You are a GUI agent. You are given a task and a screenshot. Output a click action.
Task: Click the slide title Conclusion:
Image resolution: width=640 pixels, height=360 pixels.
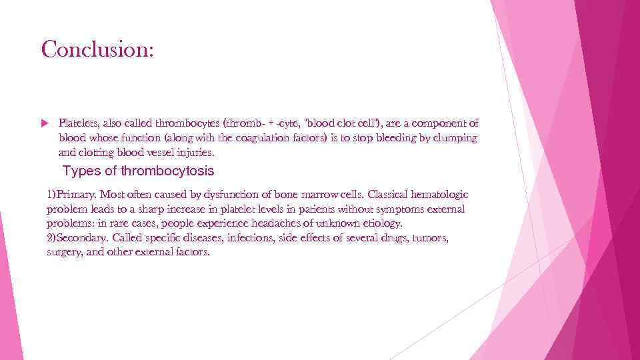(x=97, y=49)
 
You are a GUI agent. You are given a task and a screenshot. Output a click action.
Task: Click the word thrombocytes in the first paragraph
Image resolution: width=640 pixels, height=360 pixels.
(x=189, y=123)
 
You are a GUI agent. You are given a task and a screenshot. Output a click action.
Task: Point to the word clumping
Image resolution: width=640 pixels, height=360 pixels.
(x=455, y=138)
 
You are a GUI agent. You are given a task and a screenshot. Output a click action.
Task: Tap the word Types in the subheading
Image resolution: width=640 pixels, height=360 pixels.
(x=81, y=171)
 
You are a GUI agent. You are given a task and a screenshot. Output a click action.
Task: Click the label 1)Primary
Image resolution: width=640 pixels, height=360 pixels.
(x=71, y=195)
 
